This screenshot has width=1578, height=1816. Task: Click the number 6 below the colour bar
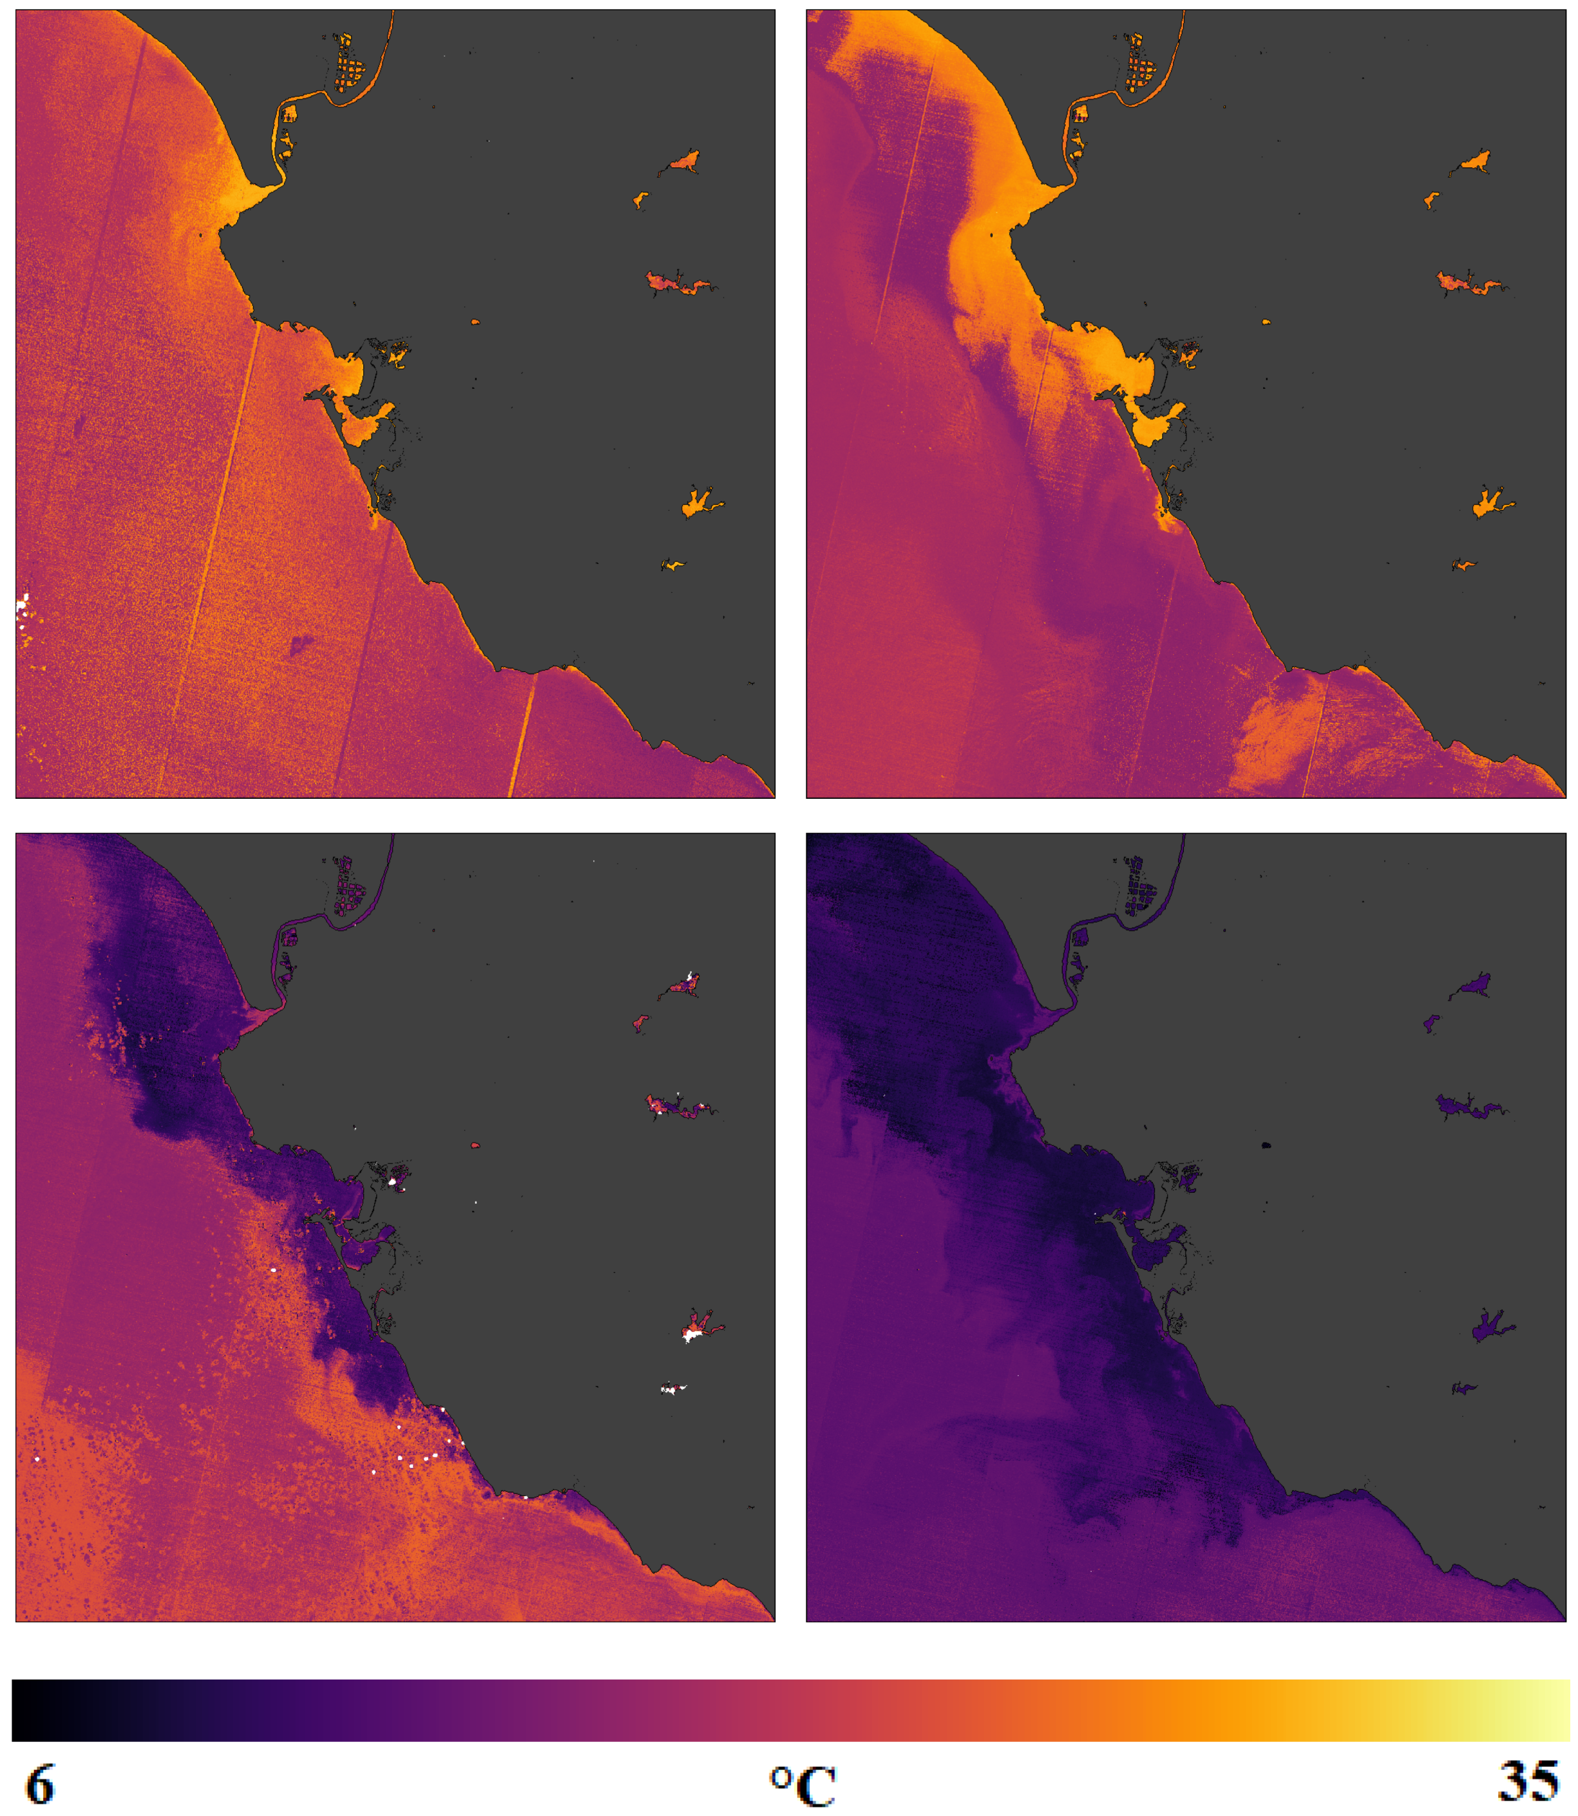[40, 1784]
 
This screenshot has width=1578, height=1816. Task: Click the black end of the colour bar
[26, 1710]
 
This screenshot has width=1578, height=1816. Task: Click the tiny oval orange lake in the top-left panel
[475, 322]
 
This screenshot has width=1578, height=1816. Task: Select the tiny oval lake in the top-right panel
[1266, 322]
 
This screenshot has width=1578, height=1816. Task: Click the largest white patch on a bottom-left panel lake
[693, 1335]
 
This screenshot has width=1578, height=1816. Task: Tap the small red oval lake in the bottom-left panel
[475, 1145]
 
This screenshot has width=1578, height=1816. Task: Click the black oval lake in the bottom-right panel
[1266, 1145]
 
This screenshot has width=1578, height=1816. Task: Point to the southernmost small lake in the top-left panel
[674, 565]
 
